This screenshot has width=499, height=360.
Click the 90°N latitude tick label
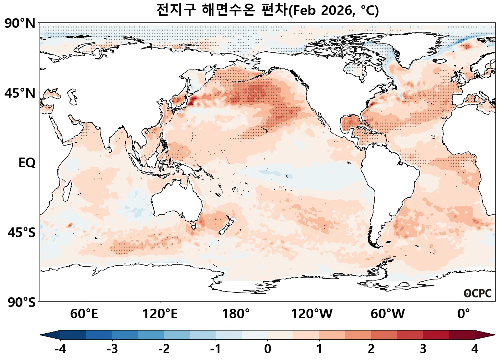point(20,24)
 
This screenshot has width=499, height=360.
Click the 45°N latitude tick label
point(20,93)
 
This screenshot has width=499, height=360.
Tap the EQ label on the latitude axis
point(27,163)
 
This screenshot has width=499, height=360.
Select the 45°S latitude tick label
point(21,232)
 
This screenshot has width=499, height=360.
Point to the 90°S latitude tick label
point(21,302)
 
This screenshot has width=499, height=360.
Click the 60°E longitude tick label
point(84,314)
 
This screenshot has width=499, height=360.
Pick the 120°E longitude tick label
point(160,314)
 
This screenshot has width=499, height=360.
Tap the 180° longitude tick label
point(236,314)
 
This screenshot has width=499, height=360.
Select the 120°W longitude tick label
point(312,314)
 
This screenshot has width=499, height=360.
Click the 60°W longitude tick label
point(388,314)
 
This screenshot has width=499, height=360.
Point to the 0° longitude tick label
point(463,314)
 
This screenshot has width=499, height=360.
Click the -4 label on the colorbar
point(60,349)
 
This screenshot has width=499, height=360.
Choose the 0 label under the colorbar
point(268,349)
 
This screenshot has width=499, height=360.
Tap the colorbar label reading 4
point(474,349)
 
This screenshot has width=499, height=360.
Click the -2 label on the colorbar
point(164,349)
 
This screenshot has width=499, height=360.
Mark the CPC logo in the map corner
point(478,293)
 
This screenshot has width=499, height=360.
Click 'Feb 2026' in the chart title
point(322,10)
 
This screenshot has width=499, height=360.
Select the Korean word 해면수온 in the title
point(228,10)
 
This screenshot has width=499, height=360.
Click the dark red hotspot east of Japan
point(192,101)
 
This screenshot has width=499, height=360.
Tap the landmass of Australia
point(176,203)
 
